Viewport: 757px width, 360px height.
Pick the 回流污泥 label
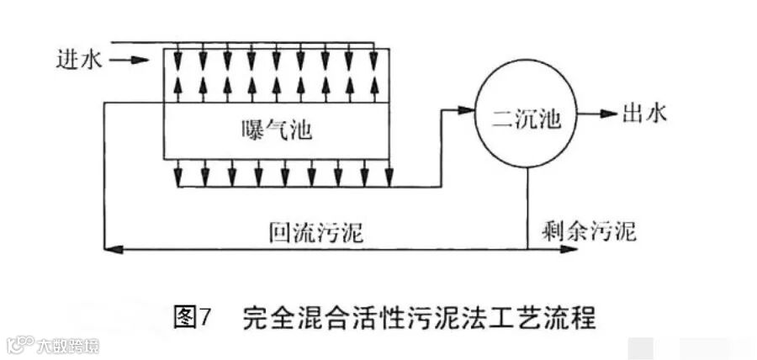(x=315, y=230)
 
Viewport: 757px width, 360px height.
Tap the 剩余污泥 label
(x=589, y=228)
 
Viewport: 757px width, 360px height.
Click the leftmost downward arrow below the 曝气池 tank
(x=177, y=177)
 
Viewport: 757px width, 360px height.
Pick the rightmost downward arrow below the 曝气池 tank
(x=388, y=177)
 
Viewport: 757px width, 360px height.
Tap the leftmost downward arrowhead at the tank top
(x=177, y=61)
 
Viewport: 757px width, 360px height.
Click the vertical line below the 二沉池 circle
(x=527, y=206)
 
